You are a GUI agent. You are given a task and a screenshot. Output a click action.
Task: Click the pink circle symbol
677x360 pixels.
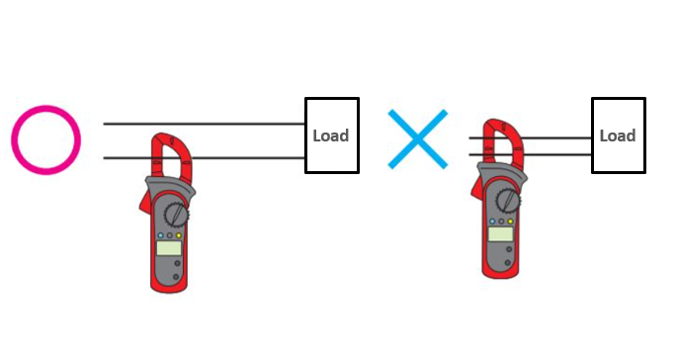45,139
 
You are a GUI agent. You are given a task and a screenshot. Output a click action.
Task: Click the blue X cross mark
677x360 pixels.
418,137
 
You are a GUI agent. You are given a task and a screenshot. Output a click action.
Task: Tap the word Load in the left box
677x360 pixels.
330,135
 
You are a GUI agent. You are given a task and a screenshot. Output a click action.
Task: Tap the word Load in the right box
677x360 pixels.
618,135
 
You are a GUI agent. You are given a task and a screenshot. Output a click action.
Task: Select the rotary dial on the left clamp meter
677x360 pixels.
175,212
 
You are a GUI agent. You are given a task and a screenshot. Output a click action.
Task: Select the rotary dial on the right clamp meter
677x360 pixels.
508,200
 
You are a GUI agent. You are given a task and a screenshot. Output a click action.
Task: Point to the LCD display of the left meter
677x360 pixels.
170,247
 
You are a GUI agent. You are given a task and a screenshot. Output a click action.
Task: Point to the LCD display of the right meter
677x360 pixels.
500,233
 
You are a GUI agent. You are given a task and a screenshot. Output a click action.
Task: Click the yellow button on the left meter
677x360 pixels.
179,235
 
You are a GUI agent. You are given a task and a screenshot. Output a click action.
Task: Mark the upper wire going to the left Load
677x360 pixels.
237,124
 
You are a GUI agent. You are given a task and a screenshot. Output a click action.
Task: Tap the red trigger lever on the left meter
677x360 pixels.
144,202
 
